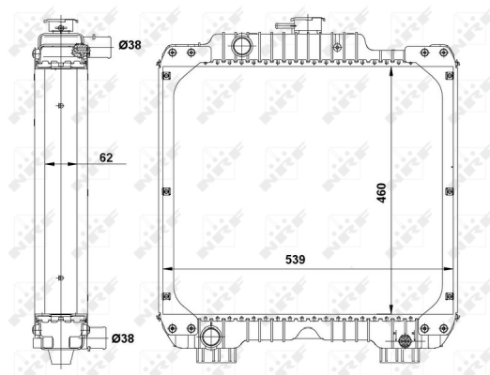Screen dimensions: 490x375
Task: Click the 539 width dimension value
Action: (295, 260)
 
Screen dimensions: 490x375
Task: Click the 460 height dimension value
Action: (382, 193)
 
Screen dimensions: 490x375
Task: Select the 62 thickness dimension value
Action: (106, 157)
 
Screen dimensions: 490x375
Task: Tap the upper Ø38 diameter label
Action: (130, 45)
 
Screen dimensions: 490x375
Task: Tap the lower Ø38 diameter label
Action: (123, 338)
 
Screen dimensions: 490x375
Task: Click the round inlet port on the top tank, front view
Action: (241, 46)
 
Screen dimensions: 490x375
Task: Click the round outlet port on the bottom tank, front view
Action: (210, 337)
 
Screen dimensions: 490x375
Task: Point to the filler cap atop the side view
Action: (61, 25)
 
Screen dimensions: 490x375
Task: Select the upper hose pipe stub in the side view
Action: (100, 47)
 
